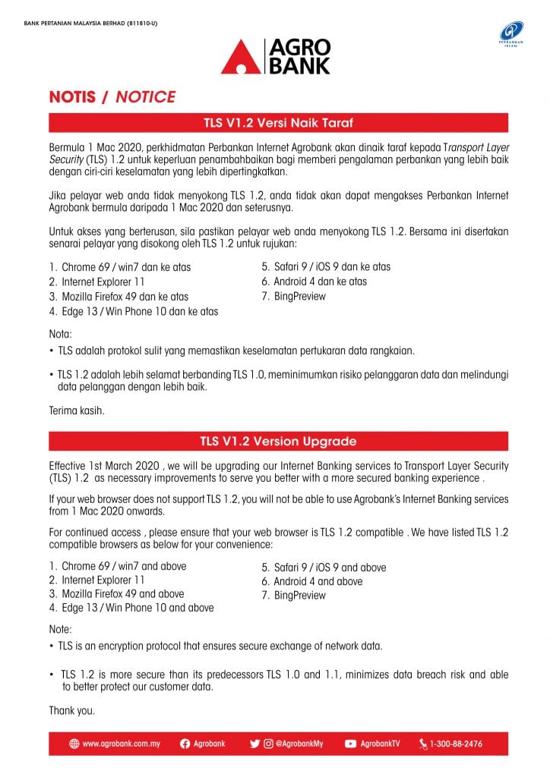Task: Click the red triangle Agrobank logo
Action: (x=240, y=58)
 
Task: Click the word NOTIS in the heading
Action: (x=72, y=97)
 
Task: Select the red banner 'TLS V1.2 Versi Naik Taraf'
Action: (x=278, y=122)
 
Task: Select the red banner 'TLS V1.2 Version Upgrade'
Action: (x=278, y=441)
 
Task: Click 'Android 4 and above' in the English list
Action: (x=318, y=581)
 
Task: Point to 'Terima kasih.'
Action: (x=76, y=411)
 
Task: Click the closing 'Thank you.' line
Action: (x=72, y=711)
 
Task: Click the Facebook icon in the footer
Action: (x=185, y=744)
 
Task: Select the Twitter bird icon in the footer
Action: (x=254, y=744)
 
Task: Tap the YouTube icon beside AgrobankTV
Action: (x=351, y=744)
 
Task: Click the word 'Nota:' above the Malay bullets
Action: (x=62, y=334)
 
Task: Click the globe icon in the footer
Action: (x=74, y=744)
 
